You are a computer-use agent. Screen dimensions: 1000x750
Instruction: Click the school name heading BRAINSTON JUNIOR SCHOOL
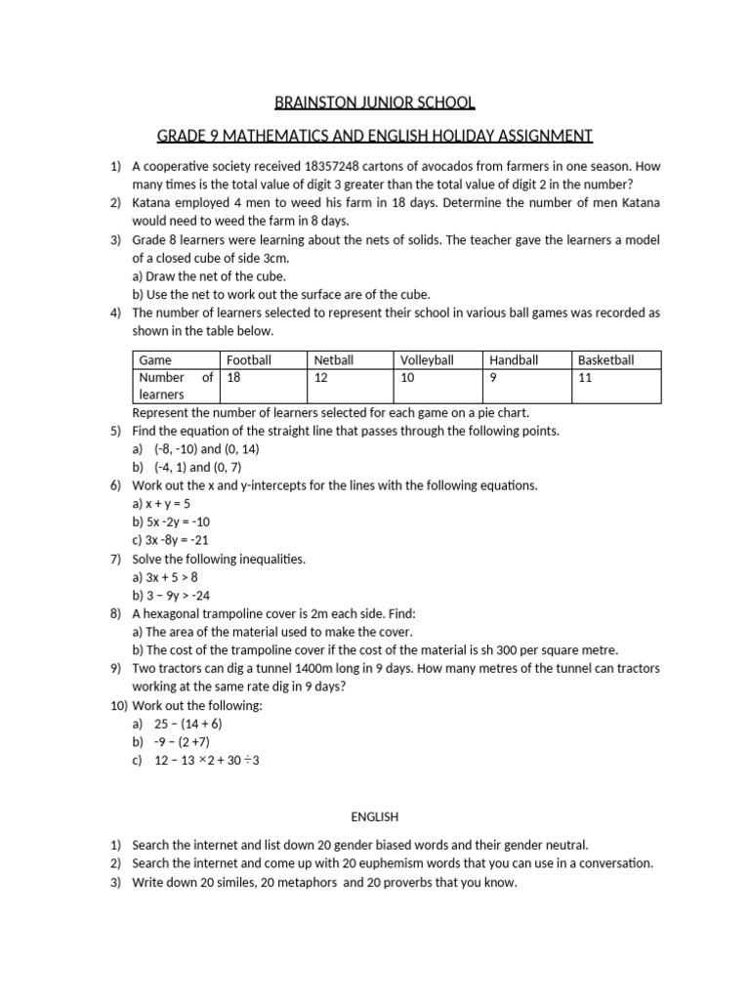[375, 103]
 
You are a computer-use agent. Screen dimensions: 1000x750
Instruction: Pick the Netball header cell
[334, 360]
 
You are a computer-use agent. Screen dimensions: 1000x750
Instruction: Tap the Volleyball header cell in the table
[427, 360]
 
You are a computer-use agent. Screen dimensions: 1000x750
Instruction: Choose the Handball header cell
[514, 360]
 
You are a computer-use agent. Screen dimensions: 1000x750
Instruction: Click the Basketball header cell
[605, 360]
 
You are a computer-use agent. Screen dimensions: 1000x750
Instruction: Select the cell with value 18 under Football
[234, 377]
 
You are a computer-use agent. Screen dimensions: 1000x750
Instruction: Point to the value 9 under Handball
[493, 377]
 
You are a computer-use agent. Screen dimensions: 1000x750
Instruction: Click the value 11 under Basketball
[585, 377]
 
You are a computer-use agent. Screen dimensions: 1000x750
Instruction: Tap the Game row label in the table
[155, 360]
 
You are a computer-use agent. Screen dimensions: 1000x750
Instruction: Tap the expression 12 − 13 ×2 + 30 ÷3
[207, 761]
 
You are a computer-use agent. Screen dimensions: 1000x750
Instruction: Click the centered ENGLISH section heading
[375, 815]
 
